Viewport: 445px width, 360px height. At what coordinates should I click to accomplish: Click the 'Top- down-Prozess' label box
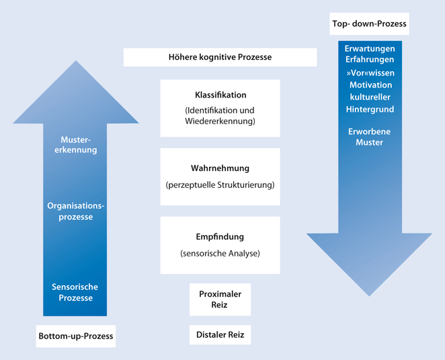point(369,25)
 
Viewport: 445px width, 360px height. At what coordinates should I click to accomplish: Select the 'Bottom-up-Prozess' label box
point(76,336)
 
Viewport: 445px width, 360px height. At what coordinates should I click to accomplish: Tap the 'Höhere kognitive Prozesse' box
point(220,57)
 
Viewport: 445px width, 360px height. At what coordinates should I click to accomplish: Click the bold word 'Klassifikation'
point(220,95)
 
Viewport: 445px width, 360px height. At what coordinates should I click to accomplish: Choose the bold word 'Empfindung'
point(220,237)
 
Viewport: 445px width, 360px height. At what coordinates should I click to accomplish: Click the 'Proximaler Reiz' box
point(220,299)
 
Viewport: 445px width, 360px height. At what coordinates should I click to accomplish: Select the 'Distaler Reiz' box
point(220,334)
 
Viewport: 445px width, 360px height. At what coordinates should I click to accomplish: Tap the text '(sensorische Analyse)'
point(220,254)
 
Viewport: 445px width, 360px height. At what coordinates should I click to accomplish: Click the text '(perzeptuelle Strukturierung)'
point(220,184)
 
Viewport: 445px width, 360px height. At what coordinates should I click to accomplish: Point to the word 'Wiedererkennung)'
point(220,122)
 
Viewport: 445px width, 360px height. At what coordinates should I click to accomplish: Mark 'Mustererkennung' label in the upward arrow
point(75,145)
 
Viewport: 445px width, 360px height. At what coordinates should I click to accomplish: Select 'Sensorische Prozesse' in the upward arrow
point(75,292)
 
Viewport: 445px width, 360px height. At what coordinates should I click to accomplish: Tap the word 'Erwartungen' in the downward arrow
point(369,49)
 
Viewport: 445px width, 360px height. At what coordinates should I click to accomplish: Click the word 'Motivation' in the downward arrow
point(370,85)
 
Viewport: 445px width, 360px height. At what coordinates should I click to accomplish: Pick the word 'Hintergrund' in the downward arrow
point(370,109)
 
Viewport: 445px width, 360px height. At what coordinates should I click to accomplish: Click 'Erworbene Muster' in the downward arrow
point(369,137)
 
